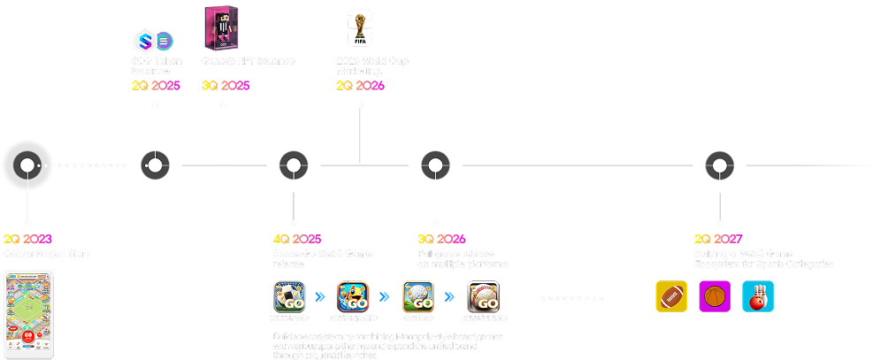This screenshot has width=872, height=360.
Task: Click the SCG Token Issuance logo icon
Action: [154, 41]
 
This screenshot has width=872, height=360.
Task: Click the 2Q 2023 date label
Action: [27, 239]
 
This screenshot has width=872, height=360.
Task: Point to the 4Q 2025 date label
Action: [297, 239]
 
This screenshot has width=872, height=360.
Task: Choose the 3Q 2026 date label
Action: [441, 239]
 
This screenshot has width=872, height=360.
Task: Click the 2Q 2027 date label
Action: [718, 239]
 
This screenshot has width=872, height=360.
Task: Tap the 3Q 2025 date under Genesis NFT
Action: [226, 86]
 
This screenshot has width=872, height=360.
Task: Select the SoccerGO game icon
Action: [289, 295]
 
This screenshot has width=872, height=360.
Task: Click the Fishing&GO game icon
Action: [354, 295]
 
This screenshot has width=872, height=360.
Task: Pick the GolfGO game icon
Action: [418, 295]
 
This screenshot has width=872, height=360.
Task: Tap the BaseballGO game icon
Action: [483, 295]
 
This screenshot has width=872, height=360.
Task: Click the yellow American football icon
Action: [671, 296]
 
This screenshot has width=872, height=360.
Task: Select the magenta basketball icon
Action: [715, 296]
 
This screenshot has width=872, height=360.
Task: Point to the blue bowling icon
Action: [758, 296]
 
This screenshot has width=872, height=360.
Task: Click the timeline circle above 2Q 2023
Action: [27, 165]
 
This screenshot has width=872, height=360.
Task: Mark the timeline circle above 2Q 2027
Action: [719, 165]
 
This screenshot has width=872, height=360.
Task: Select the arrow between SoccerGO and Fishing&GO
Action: [321, 296]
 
